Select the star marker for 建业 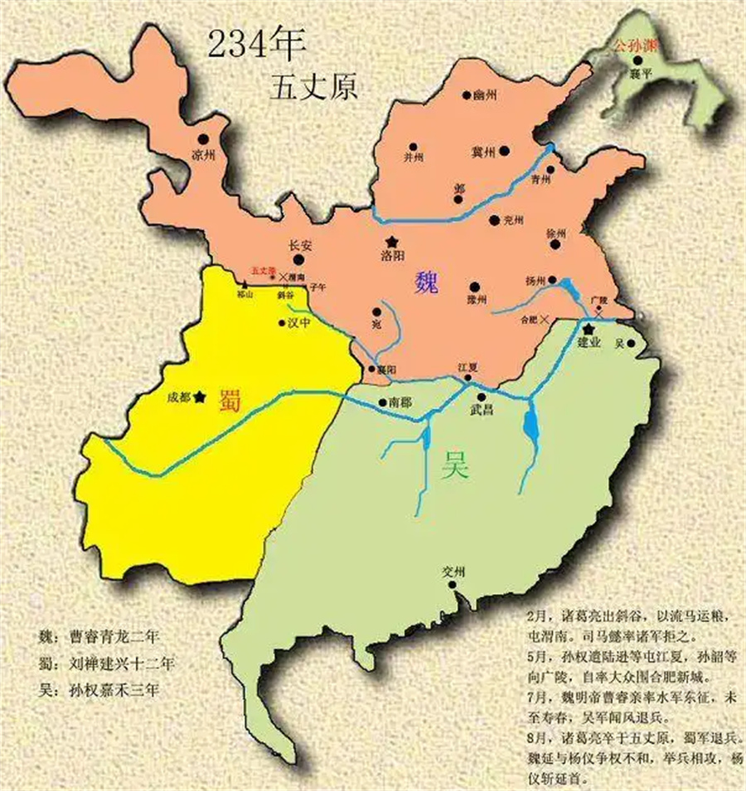[x=588, y=329]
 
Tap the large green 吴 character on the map [x=454, y=467]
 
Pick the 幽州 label [x=487, y=96]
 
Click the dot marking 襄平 [x=637, y=60]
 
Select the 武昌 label [x=482, y=410]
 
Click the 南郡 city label [x=400, y=403]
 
